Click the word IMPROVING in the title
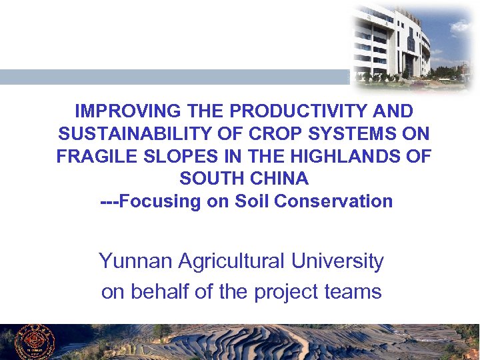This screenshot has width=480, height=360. pyautogui.click(x=117, y=111)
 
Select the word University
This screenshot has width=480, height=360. pyautogui.click(x=337, y=261)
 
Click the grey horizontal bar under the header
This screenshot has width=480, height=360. pyautogui.click(x=173, y=77)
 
